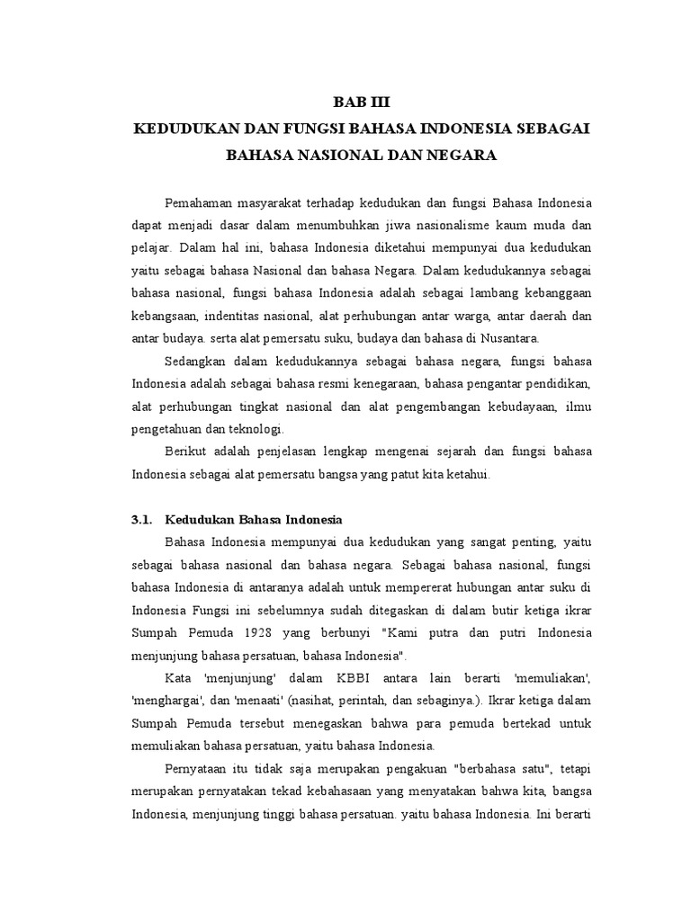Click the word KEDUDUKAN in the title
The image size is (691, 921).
[x=176, y=129]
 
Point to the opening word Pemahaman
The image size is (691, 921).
[x=203, y=200]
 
